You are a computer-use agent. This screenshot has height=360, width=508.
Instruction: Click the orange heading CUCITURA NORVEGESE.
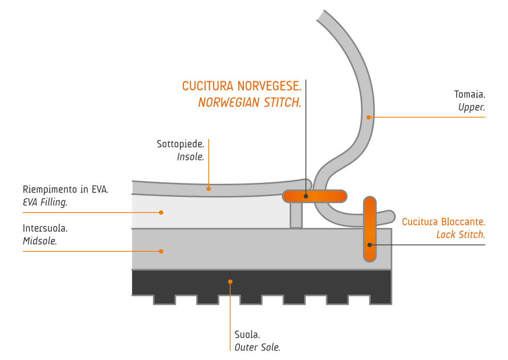point(241,86)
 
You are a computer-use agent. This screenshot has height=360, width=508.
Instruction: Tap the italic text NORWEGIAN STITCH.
point(249,103)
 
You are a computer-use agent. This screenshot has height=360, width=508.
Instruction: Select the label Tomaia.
point(469,94)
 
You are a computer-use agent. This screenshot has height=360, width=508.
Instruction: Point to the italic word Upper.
point(471,107)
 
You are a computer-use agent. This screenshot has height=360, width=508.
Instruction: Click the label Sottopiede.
point(180,144)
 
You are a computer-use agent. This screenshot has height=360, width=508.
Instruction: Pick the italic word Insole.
point(190,157)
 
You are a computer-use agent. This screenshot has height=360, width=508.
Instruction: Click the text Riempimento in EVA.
point(66,190)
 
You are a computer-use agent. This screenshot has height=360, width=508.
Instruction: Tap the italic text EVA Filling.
point(45,202)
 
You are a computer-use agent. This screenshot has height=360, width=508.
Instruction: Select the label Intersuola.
point(45,228)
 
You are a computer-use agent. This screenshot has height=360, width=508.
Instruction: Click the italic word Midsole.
point(40,241)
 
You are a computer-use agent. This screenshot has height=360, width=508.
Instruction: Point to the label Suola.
point(247,335)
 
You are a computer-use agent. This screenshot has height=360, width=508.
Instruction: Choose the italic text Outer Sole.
point(257,347)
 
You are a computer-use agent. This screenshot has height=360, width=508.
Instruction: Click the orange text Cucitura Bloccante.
point(443,222)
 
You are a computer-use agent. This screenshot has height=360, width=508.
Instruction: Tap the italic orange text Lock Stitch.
point(460,235)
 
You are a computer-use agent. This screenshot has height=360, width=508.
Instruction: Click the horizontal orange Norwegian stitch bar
point(325,196)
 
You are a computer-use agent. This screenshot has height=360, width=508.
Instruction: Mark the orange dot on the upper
point(369,117)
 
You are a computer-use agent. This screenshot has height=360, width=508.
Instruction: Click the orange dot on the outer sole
point(230,281)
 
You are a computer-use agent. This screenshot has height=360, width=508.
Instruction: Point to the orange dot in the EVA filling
point(161,212)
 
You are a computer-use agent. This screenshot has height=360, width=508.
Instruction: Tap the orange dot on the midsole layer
point(161,251)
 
